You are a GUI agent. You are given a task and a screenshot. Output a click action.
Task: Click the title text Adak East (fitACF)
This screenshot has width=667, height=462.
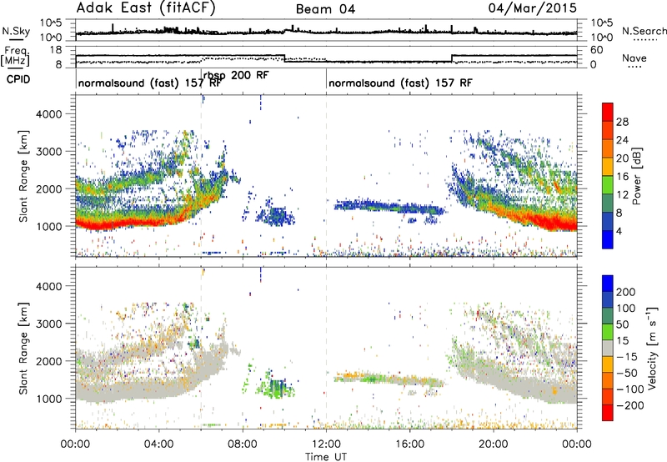pos(146,8)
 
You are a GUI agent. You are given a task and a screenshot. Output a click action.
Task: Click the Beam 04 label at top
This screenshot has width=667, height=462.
pos(325,9)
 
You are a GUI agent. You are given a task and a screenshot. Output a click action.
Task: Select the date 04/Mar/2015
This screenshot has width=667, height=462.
pos(532,8)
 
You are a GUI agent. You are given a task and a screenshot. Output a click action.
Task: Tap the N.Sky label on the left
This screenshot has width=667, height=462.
pos(16,31)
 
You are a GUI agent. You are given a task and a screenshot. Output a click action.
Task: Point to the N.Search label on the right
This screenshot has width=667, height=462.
pos(644,31)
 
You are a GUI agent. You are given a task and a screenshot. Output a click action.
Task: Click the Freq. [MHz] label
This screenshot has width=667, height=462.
pos(15,57)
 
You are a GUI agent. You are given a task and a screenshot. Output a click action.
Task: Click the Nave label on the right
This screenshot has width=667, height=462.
pos(634,58)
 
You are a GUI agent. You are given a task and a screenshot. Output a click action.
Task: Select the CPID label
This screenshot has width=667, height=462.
pos(18,79)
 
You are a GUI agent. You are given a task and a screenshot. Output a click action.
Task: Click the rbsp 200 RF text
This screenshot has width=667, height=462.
pos(236,75)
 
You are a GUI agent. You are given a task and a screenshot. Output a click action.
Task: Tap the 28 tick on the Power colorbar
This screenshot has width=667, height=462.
pos(622,122)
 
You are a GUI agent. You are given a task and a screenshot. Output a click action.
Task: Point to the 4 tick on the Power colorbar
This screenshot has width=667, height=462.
pos(619,231)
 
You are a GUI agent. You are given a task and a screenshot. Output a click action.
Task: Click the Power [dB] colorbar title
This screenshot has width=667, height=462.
pos(636,176)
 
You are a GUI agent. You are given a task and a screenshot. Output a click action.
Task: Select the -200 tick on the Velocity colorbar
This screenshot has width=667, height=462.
pos(631,405)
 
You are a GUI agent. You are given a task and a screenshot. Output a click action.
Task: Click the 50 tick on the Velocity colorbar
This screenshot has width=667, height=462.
pos(622,324)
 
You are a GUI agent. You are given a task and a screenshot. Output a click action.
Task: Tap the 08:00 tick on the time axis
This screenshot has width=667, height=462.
pos(243,444)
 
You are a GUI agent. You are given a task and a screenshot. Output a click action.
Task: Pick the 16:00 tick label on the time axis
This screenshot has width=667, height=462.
pos(409,444)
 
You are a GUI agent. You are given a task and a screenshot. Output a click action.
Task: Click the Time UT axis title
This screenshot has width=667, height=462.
pos(326,457)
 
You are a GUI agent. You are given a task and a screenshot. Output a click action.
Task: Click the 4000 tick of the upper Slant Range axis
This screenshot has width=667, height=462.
pos(49,114)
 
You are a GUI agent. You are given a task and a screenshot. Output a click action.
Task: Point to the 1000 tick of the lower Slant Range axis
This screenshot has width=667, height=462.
pos(49,399)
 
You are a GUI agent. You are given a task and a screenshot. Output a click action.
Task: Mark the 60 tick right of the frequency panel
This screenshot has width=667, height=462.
pos(597,50)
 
